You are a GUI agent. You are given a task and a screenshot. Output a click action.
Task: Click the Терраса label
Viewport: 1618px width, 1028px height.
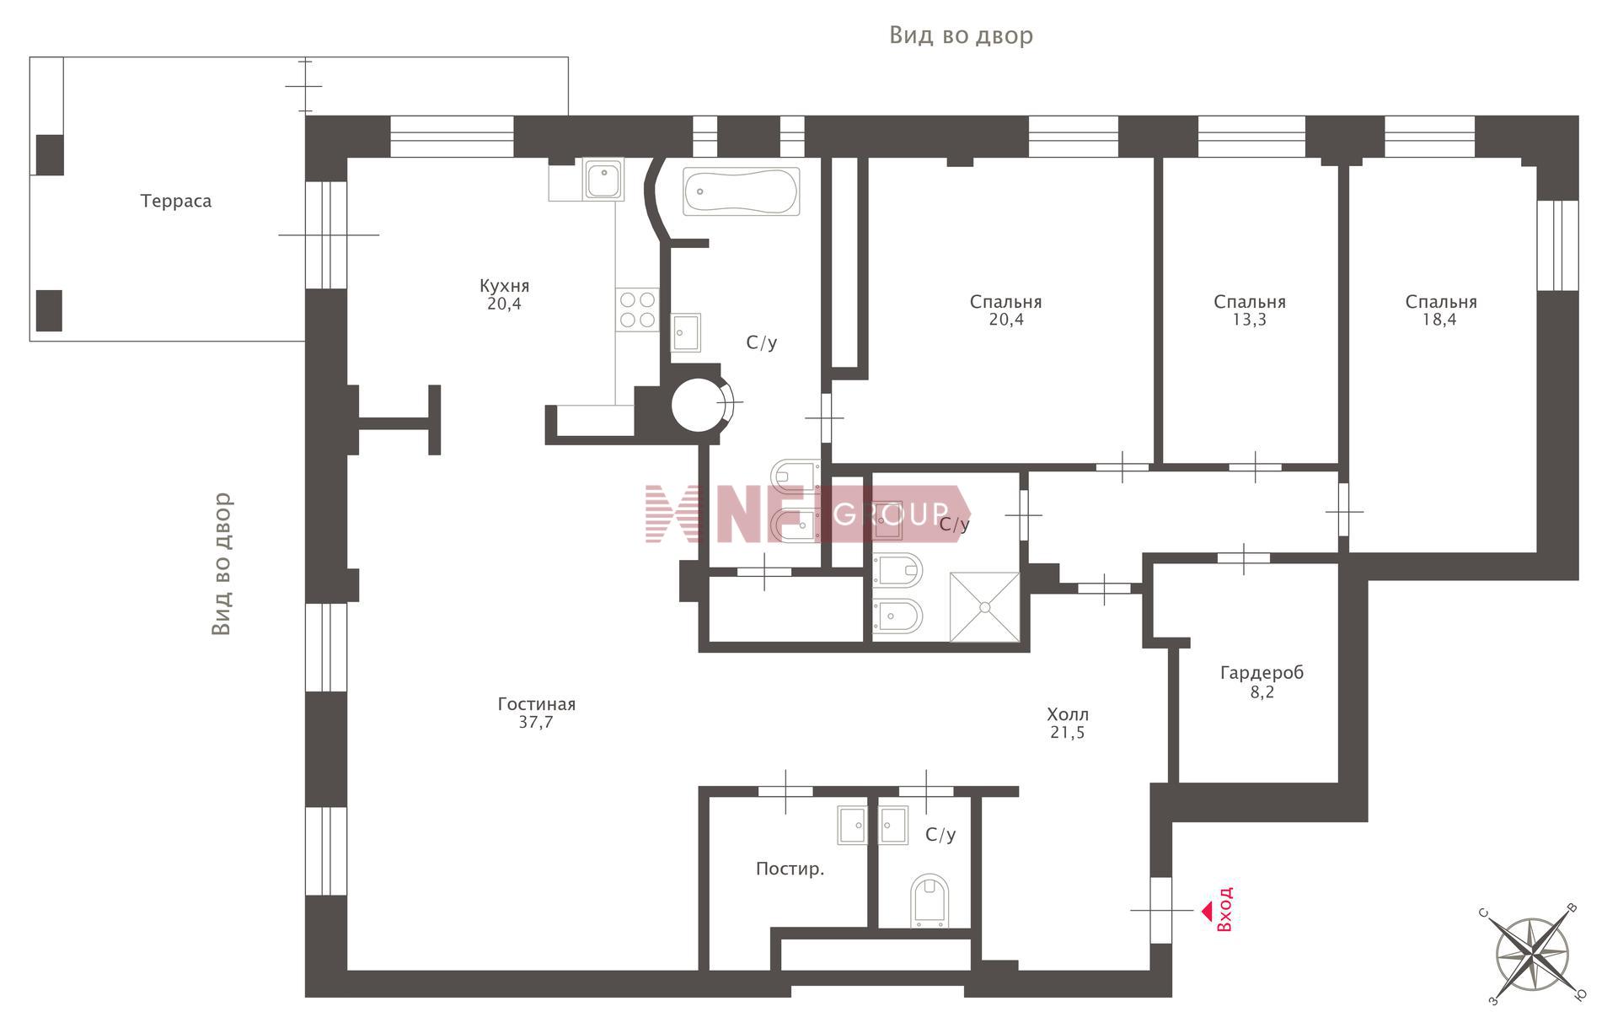pyautogui.click(x=175, y=202)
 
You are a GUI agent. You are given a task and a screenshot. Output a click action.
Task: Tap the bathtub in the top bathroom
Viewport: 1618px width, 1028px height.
pyautogui.click(x=741, y=191)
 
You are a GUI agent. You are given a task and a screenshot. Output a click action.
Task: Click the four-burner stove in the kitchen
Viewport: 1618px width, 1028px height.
pyautogui.click(x=637, y=309)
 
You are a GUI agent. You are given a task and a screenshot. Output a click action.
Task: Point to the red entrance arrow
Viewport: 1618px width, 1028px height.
pyautogui.click(x=1207, y=911)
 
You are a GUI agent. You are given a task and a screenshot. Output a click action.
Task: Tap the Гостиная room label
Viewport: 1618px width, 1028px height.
pyautogui.click(x=536, y=704)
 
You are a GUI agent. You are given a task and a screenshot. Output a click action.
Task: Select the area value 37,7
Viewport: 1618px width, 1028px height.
pyautogui.click(x=536, y=723)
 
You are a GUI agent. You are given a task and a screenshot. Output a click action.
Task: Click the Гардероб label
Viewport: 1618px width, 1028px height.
pyautogui.click(x=1262, y=673)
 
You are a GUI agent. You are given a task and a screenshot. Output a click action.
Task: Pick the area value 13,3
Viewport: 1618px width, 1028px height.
pyautogui.click(x=1249, y=320)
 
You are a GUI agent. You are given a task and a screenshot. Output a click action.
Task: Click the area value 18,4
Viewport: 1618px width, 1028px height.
pyautogui.click(x=1439, y=320)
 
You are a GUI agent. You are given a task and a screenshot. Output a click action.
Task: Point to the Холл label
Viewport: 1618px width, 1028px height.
pyautogui.click(x=1067, y=714)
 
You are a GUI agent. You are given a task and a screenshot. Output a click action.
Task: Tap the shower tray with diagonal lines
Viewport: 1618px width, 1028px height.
pyautogui.click(x=984, y=605)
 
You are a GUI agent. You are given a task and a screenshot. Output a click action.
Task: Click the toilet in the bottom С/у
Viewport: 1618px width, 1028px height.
pyautogui.click(x=930, y=901)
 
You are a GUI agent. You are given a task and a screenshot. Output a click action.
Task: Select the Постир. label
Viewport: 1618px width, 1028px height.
pyautogui.click(x=790, y=869)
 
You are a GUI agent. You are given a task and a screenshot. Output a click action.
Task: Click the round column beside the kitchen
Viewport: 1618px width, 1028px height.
pyautogui.click(x=699, y=405)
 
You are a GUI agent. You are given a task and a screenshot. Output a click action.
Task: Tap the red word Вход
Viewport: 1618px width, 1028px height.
pyautogui.click(x=1224, y=909)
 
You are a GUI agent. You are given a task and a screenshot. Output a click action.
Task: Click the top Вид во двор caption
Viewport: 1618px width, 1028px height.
pyautogui.click(x=961, y=35)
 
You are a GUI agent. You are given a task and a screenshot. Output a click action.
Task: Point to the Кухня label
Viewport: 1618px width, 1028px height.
pyautogui.click(x=504, y=286)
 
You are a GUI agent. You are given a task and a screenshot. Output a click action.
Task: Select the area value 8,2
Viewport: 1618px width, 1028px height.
pyautogui.click(x=1262, y=692)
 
